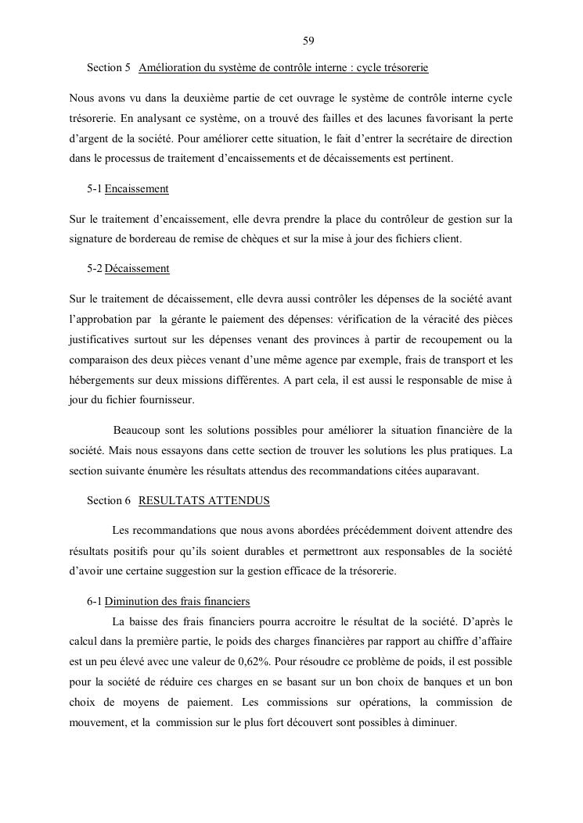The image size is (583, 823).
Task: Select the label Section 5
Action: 109,68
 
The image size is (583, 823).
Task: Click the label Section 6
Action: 109,501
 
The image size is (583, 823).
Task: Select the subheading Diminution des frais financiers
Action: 177,602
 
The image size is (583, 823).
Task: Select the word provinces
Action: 336,339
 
